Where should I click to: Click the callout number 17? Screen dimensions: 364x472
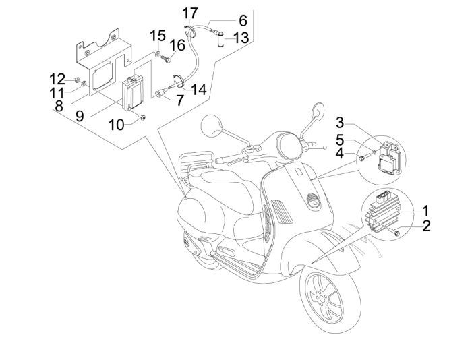click(189, 13)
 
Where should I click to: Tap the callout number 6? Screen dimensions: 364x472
click(242, 21)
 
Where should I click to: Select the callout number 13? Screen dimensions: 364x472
click(241, 37)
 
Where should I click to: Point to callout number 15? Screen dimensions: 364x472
click(156, 35)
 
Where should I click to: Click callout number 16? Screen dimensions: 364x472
click(177, 46)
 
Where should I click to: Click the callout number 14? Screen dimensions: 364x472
click(198, 90)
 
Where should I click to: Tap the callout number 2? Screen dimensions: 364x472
click(425, 226)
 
